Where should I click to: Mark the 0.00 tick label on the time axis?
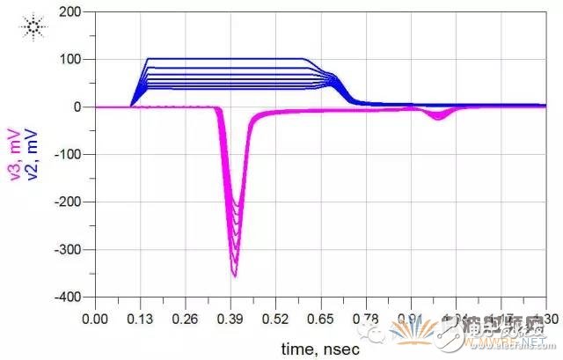pyautogui.click(x=95, y=318)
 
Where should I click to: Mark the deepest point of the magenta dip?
pyautogui.click(x=234, y=276)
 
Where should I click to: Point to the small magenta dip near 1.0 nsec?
pyautogui.click(x=437, y=116)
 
